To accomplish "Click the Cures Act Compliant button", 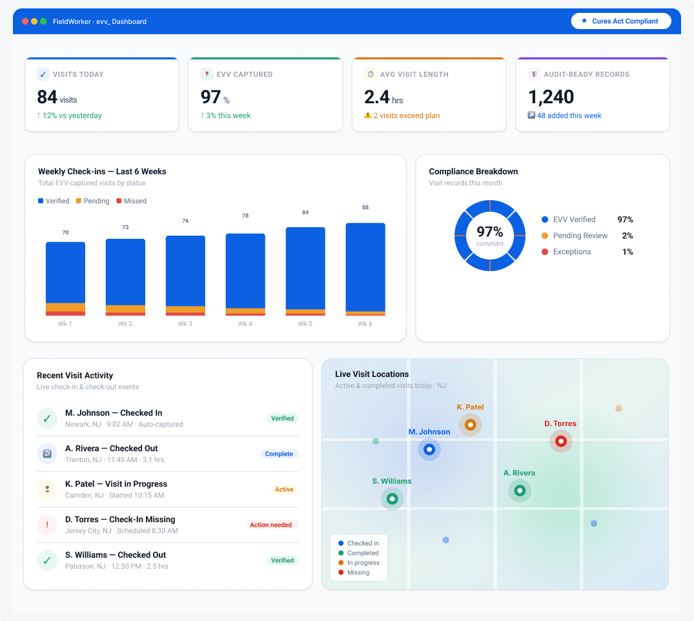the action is [621, 21].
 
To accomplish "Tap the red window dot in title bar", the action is [25, 21].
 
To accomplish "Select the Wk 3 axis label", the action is [185, 324].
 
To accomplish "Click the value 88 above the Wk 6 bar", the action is [365, 207].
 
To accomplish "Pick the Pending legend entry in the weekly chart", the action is [92, 201].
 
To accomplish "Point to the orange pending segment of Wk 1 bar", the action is [65, 307].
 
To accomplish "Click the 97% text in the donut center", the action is [490, 232].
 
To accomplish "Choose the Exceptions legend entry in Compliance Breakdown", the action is [567, 252].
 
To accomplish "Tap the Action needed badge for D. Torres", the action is [271, 525].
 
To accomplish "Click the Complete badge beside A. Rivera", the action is [279, 454].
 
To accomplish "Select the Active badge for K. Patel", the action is [284, 489].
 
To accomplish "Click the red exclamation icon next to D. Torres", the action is [47, 525].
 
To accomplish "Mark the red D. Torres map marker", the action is [561, 442].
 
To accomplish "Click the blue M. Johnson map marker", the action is [429, 450].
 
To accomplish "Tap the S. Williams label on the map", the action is [392, 481].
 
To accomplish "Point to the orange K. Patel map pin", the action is [470, 425].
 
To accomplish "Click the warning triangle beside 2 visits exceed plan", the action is [367, 115].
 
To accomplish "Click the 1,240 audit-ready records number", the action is [551, 97].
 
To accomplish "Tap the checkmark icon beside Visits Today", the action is [43, 74].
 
